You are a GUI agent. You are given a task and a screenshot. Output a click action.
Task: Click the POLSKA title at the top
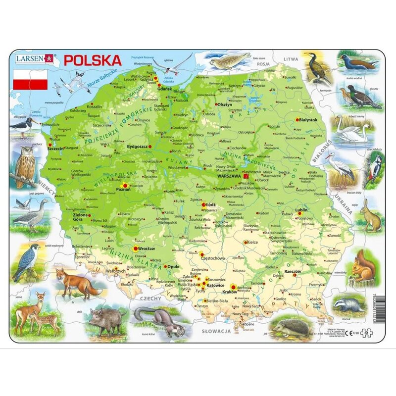93,60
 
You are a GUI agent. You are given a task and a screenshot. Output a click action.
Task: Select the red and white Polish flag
30,79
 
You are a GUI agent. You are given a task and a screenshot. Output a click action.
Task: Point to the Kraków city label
229,293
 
